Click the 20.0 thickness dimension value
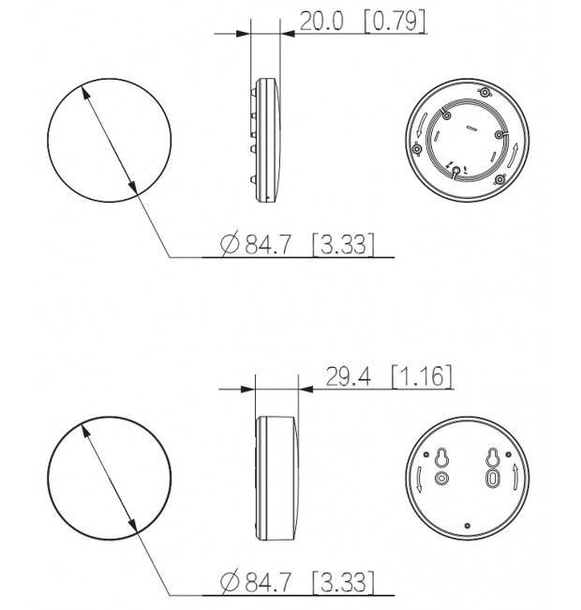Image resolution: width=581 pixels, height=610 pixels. (321, 21)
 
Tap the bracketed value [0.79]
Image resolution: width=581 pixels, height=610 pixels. (395, 21)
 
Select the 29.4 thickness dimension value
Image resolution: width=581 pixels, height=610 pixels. (348, 376)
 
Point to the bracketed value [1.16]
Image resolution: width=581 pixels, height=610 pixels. (422, 376)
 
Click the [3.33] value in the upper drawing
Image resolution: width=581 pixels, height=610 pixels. (344, 245)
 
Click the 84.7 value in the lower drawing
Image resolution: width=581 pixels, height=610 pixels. (267, 583)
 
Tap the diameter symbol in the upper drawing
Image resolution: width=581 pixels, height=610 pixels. (230, 244)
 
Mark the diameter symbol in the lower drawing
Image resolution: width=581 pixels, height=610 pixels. (230, 582)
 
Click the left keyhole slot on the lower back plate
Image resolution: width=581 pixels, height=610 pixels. (441, 458)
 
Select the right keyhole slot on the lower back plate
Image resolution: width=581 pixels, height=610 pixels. (493, 458)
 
